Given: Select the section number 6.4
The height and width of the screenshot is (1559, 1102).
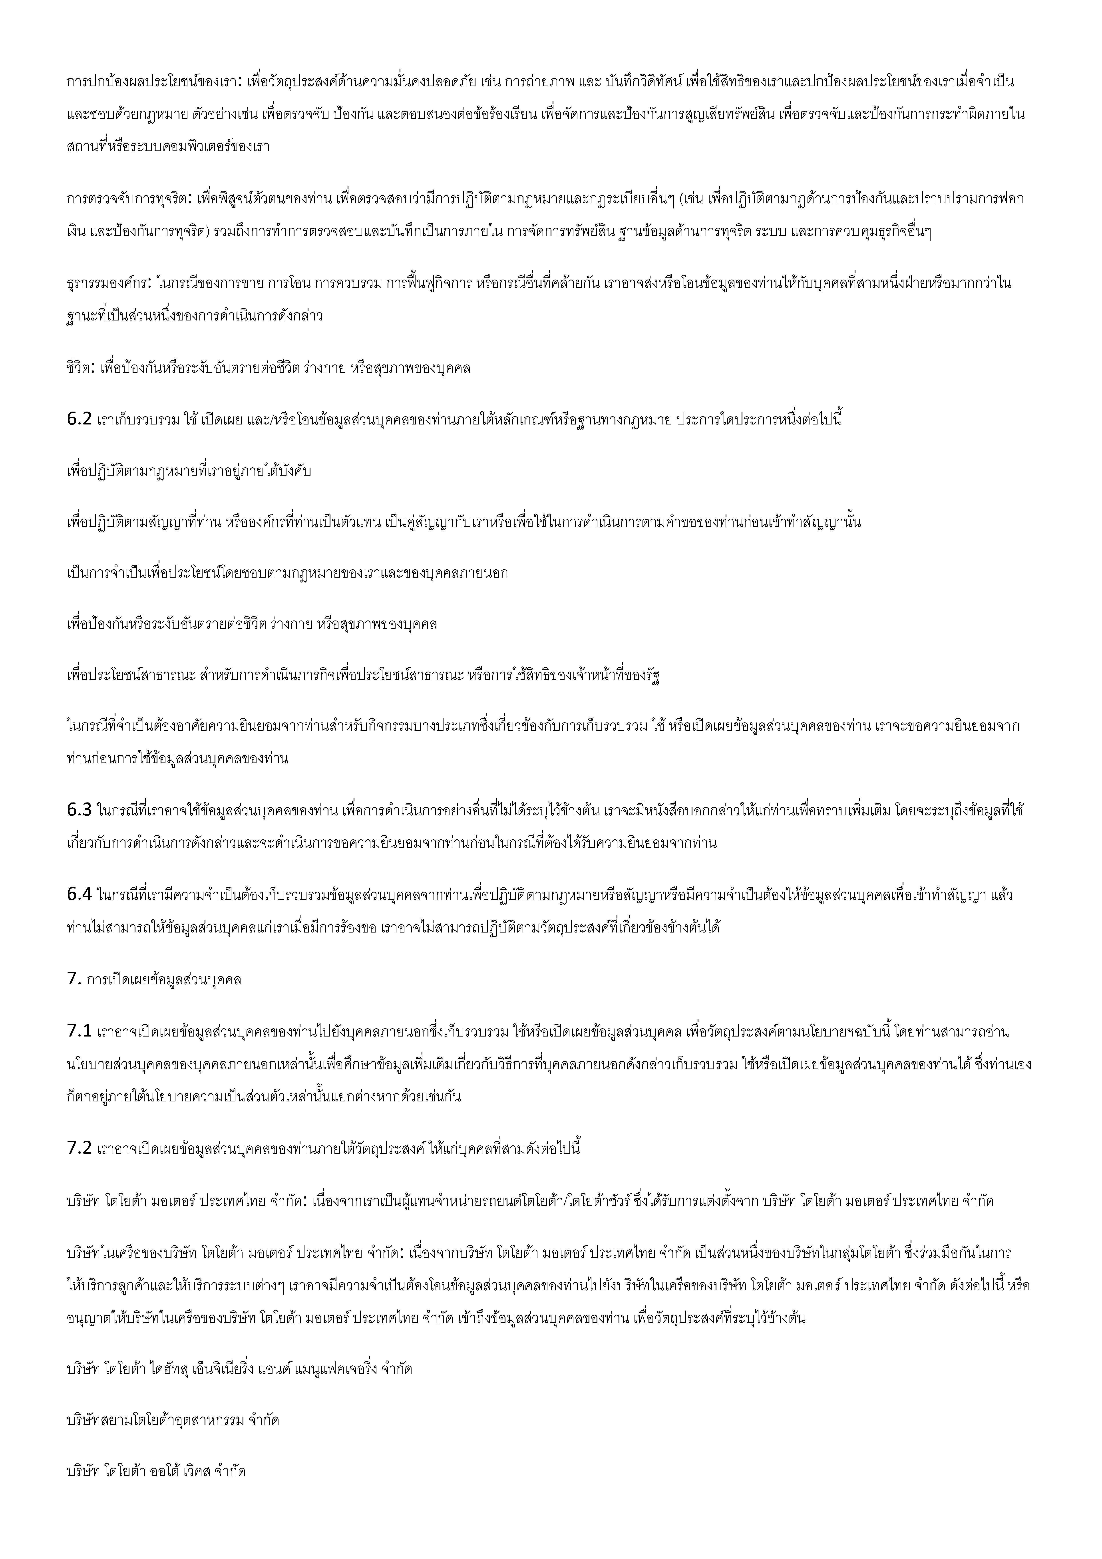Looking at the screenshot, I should coord(79,895).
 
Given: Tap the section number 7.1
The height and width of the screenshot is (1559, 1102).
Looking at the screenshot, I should coord(79,1032).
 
